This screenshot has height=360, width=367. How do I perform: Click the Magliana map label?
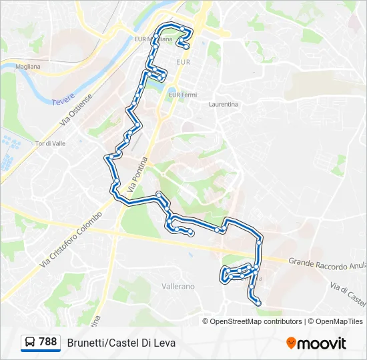coord(29,67)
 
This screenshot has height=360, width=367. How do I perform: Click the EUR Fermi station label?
coord(183,95)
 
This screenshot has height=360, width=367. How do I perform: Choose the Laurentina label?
coord(223,105)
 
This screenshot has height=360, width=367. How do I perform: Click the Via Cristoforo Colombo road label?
coord(71,239)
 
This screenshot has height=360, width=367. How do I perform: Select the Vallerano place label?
coord(178,286)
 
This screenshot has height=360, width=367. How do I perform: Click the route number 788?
coord(48,342)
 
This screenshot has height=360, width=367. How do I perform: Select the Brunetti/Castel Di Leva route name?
coord(121,343)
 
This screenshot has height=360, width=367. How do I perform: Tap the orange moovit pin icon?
coord(291,343)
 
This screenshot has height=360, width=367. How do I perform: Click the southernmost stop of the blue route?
coord(258,303)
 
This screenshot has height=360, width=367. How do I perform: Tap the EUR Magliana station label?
coord(153,39)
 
